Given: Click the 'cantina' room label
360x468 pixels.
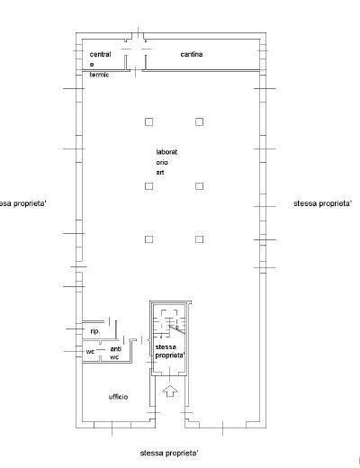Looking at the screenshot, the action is pos(192,54).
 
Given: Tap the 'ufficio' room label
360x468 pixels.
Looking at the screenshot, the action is pos(118,397).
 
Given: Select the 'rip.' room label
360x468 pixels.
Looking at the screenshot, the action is pos(95,331).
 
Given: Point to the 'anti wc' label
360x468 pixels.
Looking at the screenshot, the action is pos(115,353).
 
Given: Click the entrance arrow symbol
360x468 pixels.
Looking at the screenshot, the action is pos(170,391).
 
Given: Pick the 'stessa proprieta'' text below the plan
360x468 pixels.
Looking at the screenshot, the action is pos(169,453).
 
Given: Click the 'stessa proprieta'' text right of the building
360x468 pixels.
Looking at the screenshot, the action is pos(322,203).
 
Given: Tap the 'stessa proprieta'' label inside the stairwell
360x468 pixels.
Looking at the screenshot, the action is pos(170,351).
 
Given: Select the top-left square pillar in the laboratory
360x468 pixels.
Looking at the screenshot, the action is pos(148,121).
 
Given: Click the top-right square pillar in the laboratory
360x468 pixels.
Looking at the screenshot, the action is pos(199,121).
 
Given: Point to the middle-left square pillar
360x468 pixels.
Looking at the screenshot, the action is pos(148,186).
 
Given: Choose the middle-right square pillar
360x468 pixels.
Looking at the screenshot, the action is pos(199,186).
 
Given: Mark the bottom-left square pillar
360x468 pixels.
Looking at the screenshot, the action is pos(148,239).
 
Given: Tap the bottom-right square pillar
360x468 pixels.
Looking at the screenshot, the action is pos(199,239).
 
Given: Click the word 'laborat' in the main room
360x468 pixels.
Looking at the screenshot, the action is pos(166,152).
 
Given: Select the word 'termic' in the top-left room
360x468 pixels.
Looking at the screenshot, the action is pos(99,75).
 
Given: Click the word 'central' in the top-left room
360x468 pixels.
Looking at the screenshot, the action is pos(101,54).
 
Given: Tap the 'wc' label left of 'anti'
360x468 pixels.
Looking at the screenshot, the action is pos(90,352).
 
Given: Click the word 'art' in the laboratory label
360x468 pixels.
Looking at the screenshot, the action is pos(160,173).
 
